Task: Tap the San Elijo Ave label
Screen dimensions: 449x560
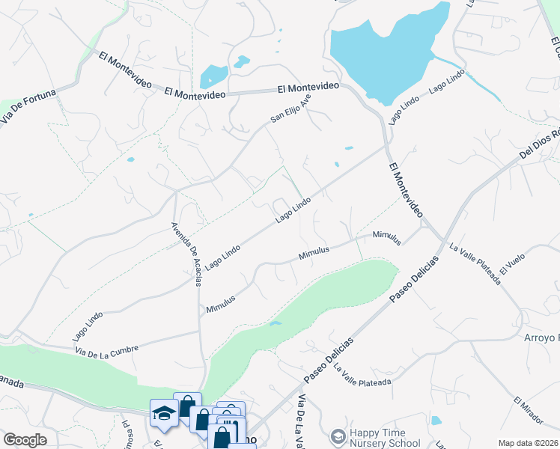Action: click(x=290, y=108)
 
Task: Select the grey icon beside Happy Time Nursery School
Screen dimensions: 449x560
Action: click(x=338, y=436)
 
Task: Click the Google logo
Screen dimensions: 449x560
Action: click(x=25, y=440)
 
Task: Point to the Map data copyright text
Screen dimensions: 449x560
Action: click(x=528, y=443)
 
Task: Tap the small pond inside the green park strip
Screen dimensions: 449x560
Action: click(x=276, y=323)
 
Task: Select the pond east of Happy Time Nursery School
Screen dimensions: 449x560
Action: click(x=436, y=421)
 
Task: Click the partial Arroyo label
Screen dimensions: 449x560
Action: click(x=541, y=337)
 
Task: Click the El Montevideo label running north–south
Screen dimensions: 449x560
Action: click(x=405, y=191)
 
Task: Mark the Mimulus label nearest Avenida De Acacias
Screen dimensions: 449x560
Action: click(x=221, y=303)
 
